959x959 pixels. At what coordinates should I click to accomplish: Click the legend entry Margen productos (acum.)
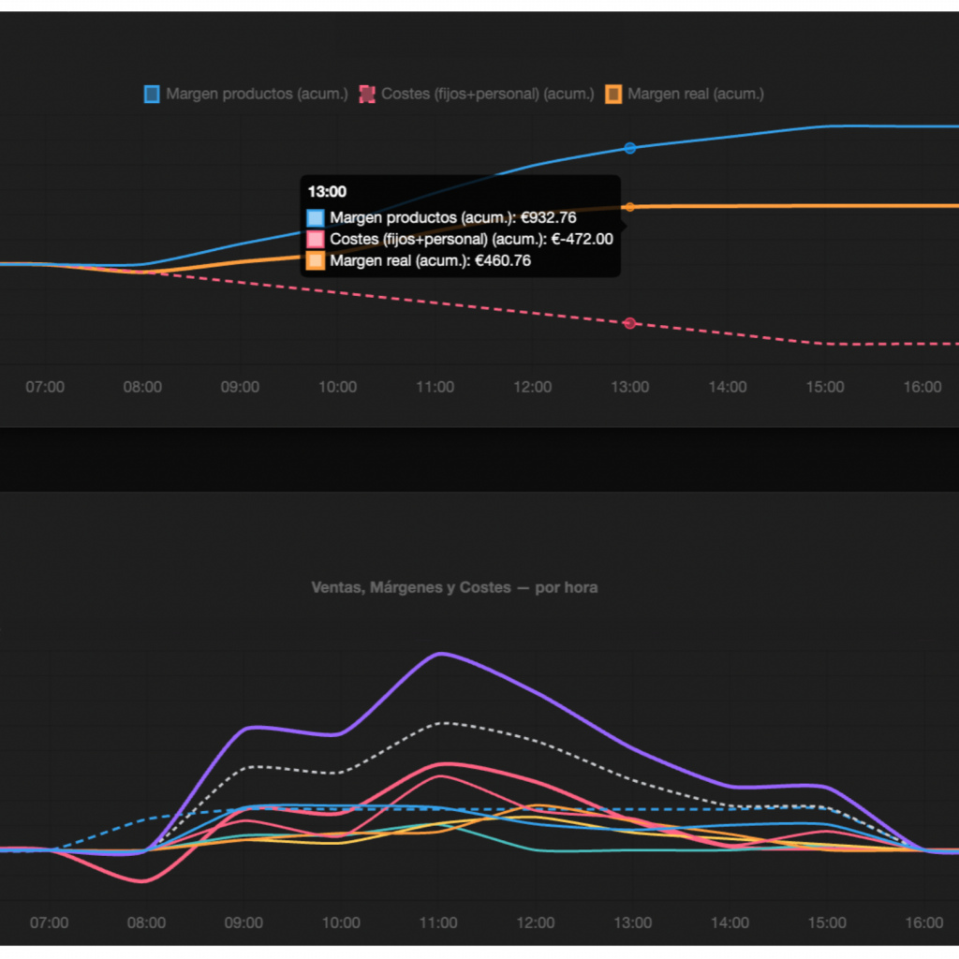pyautogui.click(x=246, y=94)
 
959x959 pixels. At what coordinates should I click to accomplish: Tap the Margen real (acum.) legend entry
pyautogui.click(x=685, y=94)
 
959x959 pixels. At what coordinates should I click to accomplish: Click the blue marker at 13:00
pyautogui.click(x=630, y=148)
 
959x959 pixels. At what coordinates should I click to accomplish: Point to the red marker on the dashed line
pyautogui.click(x=630, y=323)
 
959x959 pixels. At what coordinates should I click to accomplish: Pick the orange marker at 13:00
pyautogui.click(x=630, y=207)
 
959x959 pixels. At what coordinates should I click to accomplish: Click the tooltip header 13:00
pyautogui.click(x=327, y=192)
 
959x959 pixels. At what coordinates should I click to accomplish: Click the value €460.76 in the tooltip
pyautogui.click(x=503, y=260)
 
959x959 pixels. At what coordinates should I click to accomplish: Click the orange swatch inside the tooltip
pyautogui.click(x=316, y=260)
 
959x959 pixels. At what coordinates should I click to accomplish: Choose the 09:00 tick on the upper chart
pyautogui.click(x=241, y=387)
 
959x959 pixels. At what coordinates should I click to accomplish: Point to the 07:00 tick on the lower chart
pyautogui.click(x=49, y=922)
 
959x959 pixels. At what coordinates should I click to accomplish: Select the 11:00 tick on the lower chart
pyautogui.click(x=438, y=922)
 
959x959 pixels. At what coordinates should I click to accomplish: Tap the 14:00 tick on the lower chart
pyautogui.click(x=730, y=922)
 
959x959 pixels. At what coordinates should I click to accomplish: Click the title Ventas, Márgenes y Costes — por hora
pyautogui.click(x=454, y=587)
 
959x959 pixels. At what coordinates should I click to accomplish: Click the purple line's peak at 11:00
pyautogui.click(x=439, y=653)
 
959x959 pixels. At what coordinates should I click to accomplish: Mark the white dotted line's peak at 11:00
pyautogui.click(x=444, y=723)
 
